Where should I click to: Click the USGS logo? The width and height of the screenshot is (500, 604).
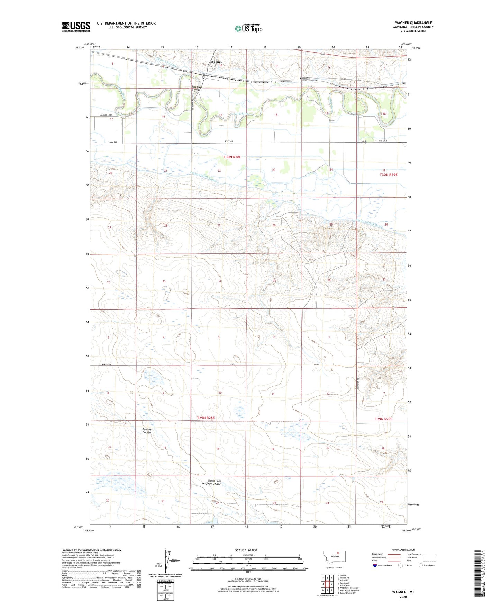[x=76, y=26]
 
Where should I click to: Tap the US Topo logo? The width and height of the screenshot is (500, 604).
[x=248, y=28]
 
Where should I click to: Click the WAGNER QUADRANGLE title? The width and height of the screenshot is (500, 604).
[x=413, y=23]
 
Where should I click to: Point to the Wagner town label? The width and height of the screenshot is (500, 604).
[x=216, y=62]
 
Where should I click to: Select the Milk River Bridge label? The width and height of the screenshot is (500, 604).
[x=197, y=88]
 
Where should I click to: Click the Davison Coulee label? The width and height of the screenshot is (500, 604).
[x=147, y=431]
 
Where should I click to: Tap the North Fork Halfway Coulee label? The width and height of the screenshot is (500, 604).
[x=211, y=482]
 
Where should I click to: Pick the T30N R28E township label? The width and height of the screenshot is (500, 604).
[x=232, y=157]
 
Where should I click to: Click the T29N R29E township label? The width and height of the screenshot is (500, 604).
[x=383, y=419]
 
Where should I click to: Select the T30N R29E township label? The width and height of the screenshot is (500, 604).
[x=388, y=175]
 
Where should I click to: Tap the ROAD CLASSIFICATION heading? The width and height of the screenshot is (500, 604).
[x=403, y=550]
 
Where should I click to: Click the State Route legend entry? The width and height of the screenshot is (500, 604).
[x=427, y=565]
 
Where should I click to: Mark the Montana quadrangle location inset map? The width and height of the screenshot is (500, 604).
[x=334, y=558]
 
